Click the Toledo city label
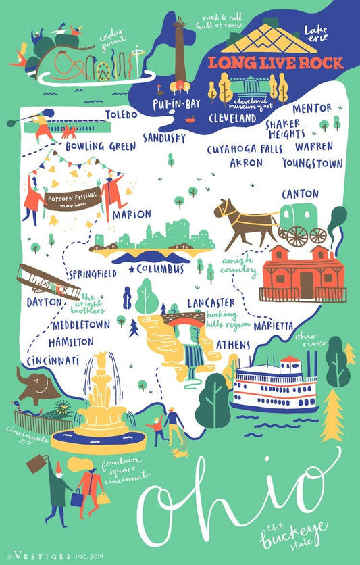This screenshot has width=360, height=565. pyautogui.click(x=126, y=114)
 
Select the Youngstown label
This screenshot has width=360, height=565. pyautogui.click(x=313, y=163)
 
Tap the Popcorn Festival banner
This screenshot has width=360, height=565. pyautogui.click(x=72, y=199)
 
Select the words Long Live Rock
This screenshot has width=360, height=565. pyautogui.click(x=275, y=63)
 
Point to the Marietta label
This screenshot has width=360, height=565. pyautogui.click(x=274, y=326)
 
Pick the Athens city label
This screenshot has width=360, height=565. pyautogui.click(x=233, y=345)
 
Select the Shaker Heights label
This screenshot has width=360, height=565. pyautogui.click(x=286, y=128)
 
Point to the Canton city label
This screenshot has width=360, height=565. pyautogui.click(x=300, y=194)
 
